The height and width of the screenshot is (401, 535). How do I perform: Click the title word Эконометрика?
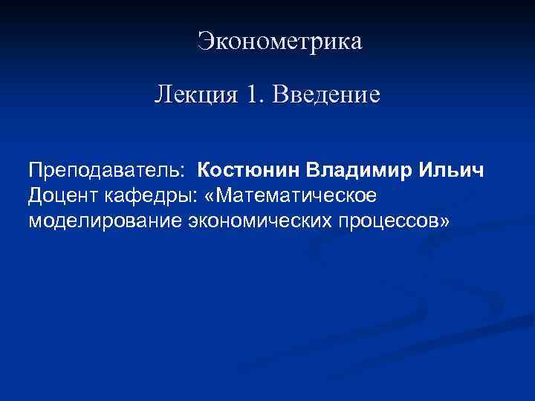pos(280,42)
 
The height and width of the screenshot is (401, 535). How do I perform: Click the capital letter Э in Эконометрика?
pos(206,42)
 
